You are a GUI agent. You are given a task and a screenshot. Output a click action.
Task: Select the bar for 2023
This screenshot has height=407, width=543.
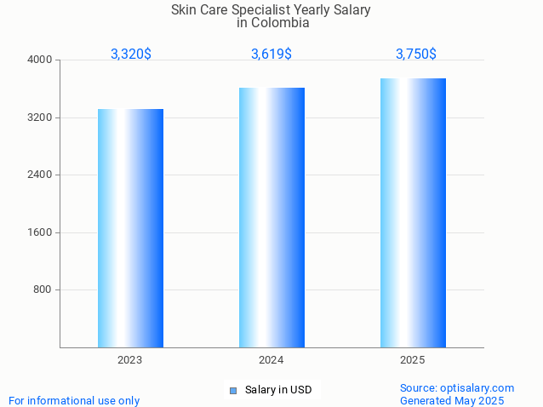coord(130,228)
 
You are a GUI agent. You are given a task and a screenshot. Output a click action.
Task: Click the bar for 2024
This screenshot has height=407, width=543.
coord(271,217)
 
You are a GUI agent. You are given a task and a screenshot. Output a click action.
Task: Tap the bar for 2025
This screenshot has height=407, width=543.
coord(413,213)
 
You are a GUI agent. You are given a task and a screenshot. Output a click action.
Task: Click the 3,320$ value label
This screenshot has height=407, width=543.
coord(131,54)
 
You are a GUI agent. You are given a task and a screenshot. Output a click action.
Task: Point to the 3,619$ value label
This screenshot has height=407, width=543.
coord(271,54)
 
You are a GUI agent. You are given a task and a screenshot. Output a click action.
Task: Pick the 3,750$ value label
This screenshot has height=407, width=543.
coord(416,54)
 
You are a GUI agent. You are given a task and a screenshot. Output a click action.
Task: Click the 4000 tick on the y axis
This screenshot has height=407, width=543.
coord(40,60)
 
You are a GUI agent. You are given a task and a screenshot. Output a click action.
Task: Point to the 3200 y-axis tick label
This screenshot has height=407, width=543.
coord(40,118)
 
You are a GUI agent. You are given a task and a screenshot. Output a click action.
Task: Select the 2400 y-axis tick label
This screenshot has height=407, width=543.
coord(40,175)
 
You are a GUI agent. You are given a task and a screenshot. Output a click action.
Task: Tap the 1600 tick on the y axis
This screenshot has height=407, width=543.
coord(40,232)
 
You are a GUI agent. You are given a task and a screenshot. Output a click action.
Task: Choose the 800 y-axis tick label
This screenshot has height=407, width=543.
coord(43,289)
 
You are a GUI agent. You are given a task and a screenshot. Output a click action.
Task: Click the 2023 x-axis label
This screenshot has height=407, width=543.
coord(130,360)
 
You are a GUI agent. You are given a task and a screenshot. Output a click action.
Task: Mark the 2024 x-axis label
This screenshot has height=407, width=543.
coord(271,360)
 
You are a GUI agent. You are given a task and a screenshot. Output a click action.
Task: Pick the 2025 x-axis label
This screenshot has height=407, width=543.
coord(413,360)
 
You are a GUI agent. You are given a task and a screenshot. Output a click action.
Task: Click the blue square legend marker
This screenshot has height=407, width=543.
coord(232,391)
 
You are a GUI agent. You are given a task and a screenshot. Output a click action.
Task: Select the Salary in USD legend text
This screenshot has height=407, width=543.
coord(278,390)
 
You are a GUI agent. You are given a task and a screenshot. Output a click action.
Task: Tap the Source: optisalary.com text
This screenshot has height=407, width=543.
coord(457,387)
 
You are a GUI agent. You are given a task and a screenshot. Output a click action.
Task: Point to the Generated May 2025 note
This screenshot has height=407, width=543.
coord(452,400)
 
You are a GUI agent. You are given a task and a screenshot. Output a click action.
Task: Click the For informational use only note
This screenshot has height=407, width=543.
coord(74,400)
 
